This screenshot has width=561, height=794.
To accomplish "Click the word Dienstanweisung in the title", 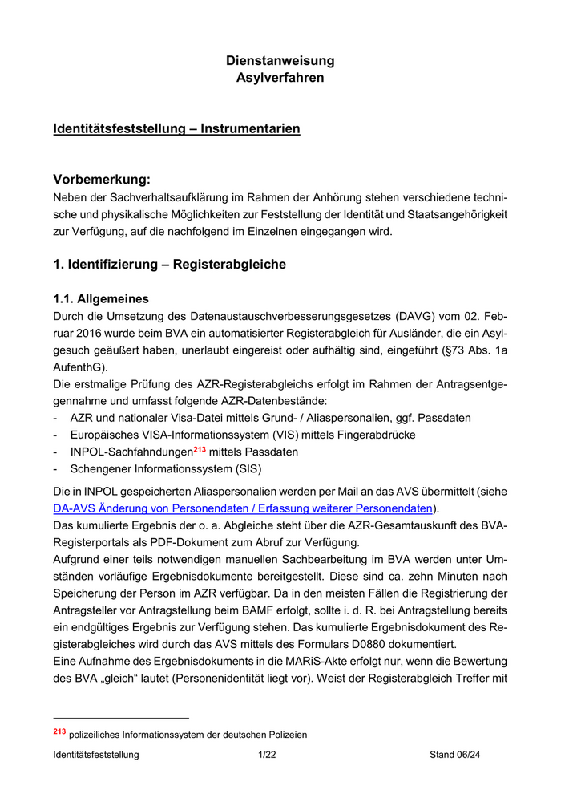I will click(280, 61).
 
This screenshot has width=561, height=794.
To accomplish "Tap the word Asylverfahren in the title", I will click(280, 78).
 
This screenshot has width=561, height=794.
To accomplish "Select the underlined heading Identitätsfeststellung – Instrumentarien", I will click(176, 129).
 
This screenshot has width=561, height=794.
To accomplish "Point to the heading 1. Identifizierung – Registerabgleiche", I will click(169, 264).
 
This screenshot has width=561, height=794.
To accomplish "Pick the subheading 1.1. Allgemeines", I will click(101, 298).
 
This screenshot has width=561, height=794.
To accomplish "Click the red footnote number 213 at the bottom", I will click(59, 731).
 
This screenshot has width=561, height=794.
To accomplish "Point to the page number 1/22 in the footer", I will click(267, 755).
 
